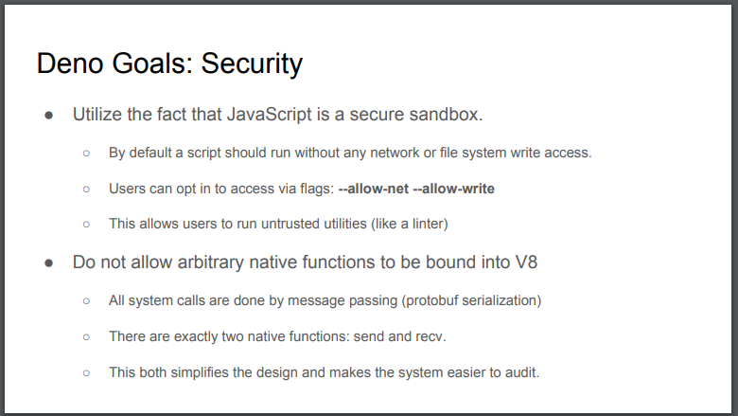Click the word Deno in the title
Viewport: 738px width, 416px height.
pos(70,63)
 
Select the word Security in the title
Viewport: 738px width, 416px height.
pos(252,64)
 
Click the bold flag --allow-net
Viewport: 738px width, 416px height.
pos(374,189)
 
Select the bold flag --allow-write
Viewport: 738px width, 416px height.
pos(454,189)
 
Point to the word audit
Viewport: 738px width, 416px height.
pos(522,372)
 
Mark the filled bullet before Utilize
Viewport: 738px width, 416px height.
pos(49,116)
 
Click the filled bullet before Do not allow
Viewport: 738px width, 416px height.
pos(49,263)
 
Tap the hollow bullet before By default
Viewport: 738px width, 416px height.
pos(86,154)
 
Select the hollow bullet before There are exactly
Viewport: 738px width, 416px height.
pos(86,336)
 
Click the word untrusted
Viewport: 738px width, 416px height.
pos(290,224)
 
